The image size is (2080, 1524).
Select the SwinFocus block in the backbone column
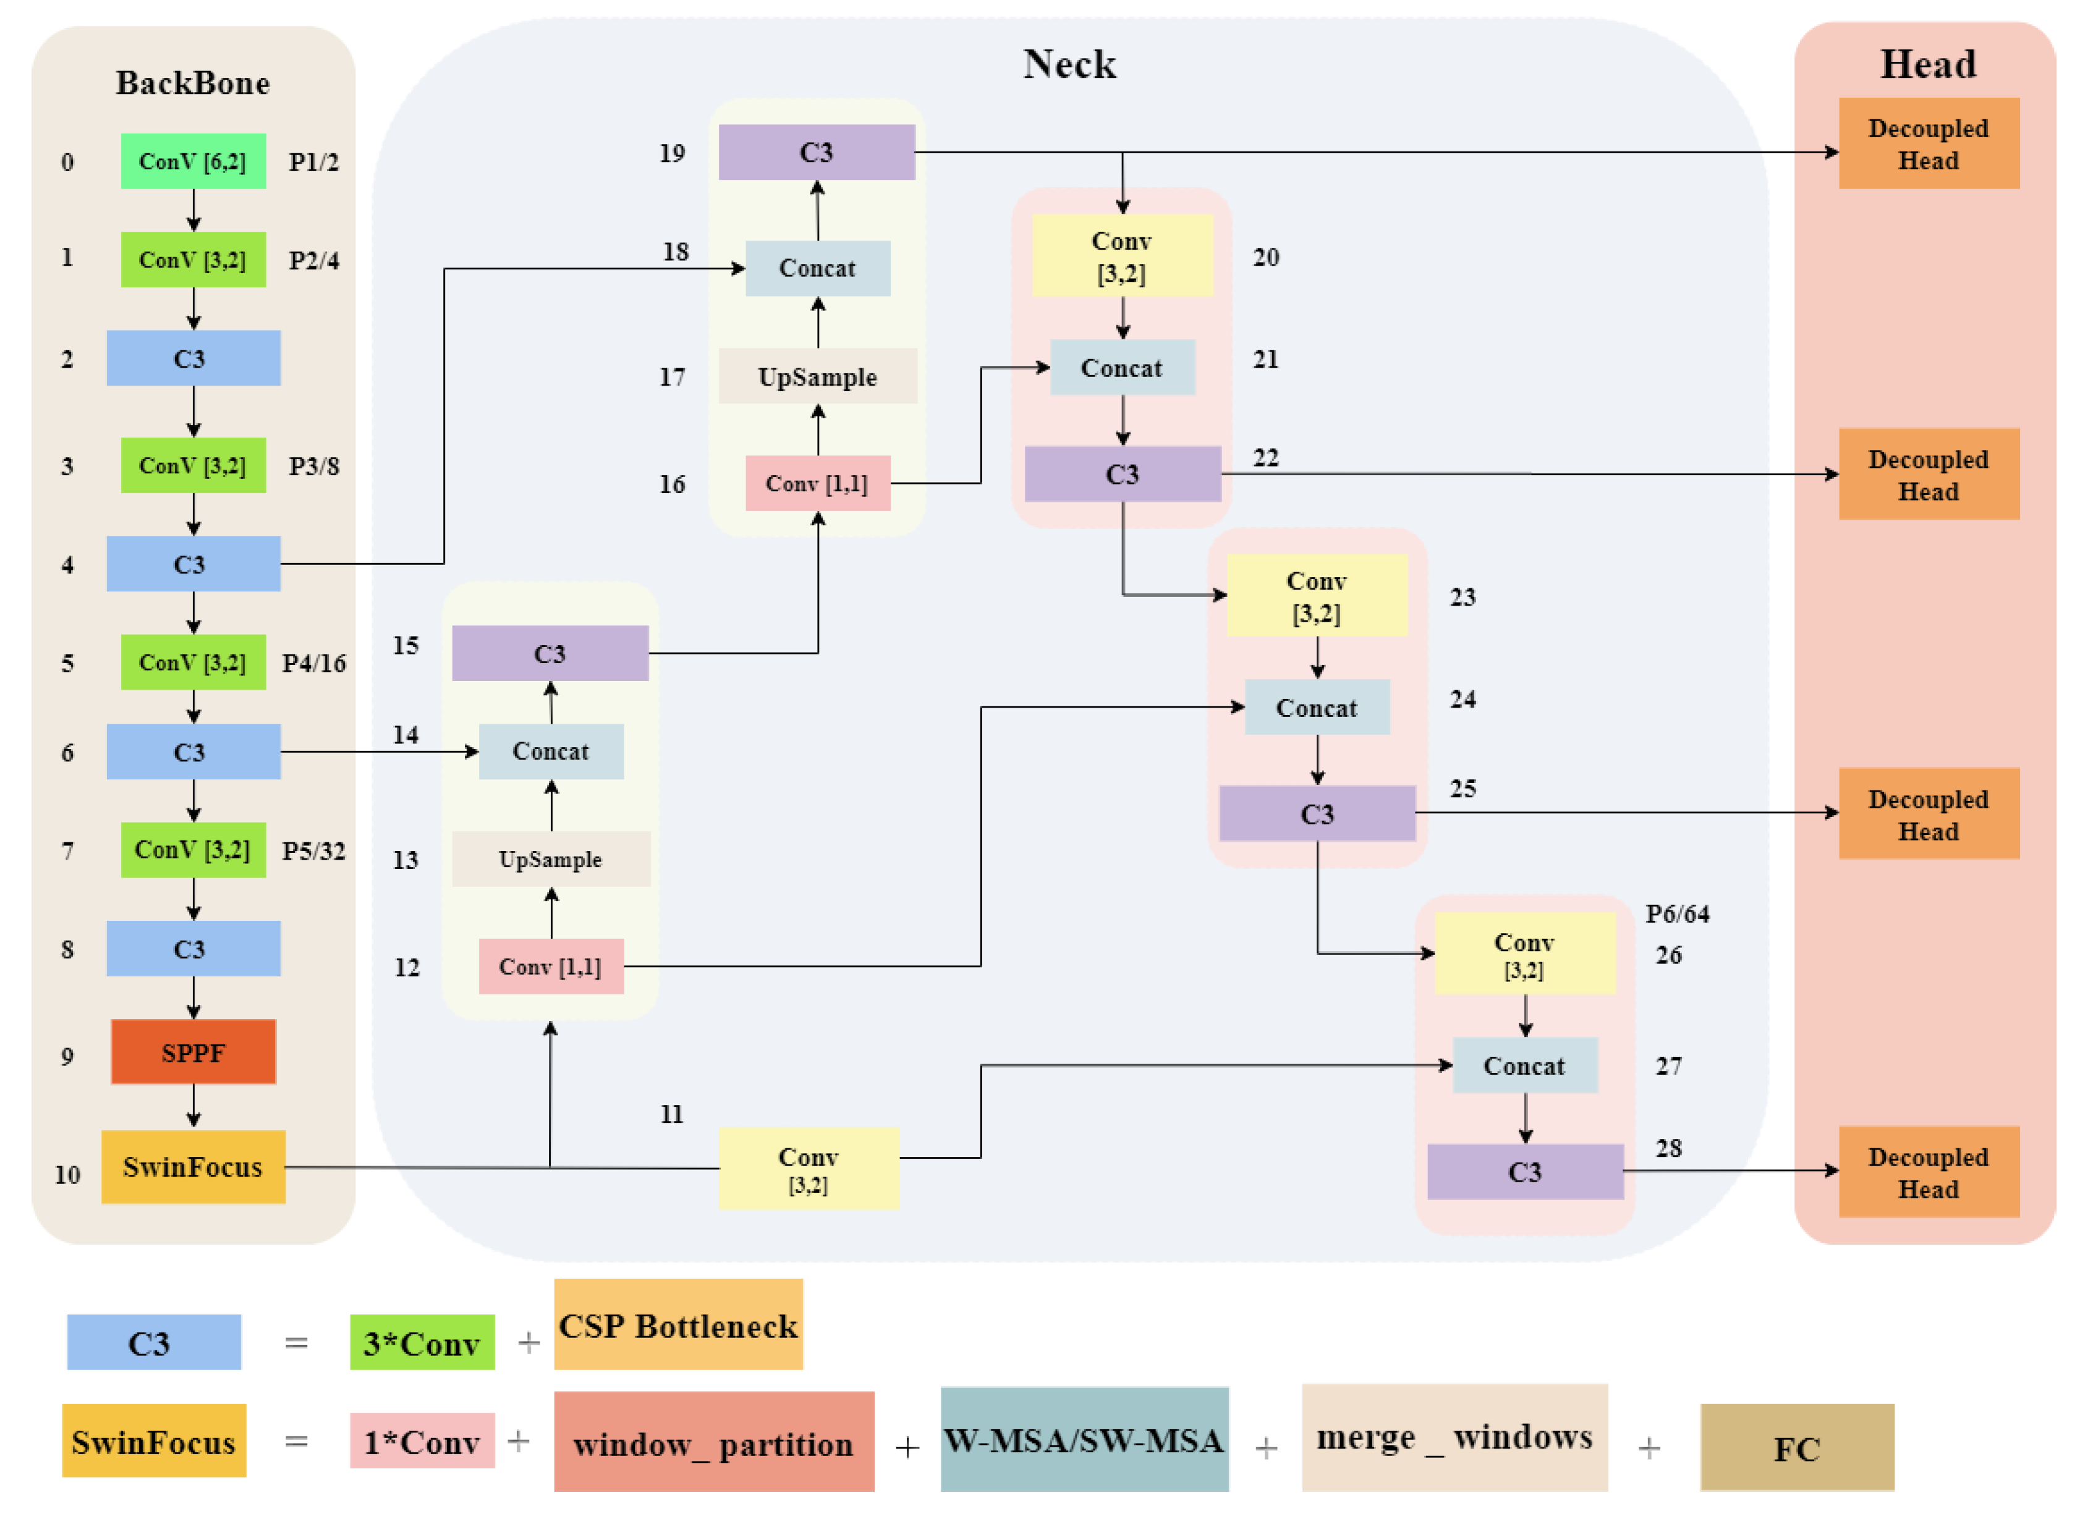click(x=193, y=1166)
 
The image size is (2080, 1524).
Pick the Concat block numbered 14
click(x=550, y=751)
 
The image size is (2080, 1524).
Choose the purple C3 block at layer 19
click(x=816, y=151)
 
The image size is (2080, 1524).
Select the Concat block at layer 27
click(x=1524, y=1065)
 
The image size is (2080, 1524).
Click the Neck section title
click(x=1069, y=64)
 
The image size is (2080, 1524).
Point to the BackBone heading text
click(x=192, y=83)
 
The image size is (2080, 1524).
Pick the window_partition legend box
click(x=713, y=1441)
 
